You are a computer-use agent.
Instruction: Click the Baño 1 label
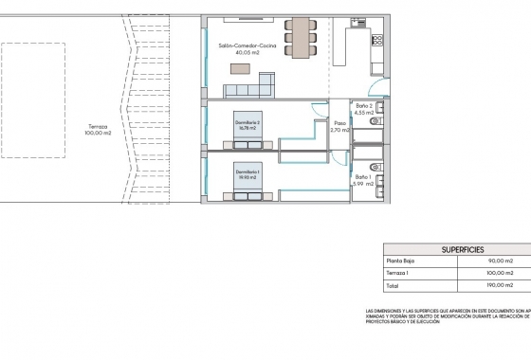(x=364, y=179)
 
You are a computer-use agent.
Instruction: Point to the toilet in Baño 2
(x=376, y=121)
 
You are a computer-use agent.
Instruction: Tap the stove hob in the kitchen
(x=377, y=43)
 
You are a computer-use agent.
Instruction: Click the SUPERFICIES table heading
(x=453, y=248)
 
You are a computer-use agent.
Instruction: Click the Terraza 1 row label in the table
(x=397, y=272)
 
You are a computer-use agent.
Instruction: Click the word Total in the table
(x=391, y=284)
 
